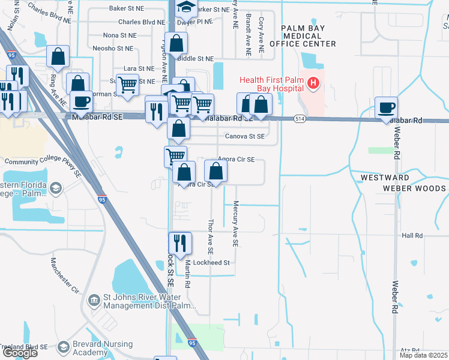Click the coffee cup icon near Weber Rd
click(387, 108)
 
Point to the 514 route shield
click(298, 119)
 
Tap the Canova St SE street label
click(244, 136)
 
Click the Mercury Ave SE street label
click(235, 224)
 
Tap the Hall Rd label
click(412, 236)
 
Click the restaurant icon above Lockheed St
click(179, 243)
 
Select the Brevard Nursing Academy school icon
click(64, 347)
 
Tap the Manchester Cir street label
click(65, 275)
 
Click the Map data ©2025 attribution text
click(423, 355)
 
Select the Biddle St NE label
click(196, 59)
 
